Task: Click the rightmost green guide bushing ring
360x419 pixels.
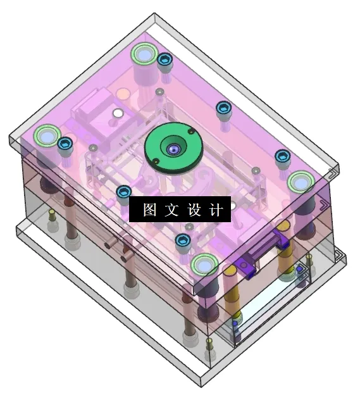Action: [300, 182]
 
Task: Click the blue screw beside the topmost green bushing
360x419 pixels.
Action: [165, 61]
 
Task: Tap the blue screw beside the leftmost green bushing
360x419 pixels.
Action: [65, 144]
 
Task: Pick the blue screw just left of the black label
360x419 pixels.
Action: [123, 192]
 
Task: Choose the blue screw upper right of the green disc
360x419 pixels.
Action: [223, 108]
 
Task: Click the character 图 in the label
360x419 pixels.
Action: [150, 210]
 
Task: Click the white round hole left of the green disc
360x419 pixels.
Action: [117, 113]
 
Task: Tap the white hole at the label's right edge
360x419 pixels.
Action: [232, 206]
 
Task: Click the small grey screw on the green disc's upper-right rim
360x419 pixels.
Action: [190, 131]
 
